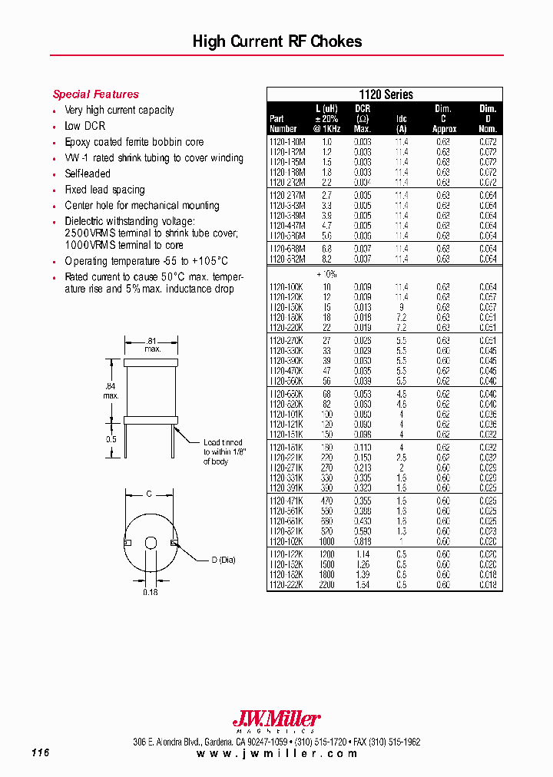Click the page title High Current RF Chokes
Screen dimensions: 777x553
click(276, 41)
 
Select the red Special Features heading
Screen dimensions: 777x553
click(95, 94)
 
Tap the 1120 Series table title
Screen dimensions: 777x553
click(385, 94)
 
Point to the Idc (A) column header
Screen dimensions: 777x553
click(401, 124)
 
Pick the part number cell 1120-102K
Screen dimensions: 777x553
click(286, 541)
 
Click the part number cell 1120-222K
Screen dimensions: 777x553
click(286, 585)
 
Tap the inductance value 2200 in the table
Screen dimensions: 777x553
click(326, 585)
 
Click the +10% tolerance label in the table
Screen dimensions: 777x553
click(327, 273)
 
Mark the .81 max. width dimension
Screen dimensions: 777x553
click(152, 344)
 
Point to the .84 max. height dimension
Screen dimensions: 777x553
click(111, 391)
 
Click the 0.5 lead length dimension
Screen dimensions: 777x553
click(111, 438)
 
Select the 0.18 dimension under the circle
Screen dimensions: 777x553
click(151, 592)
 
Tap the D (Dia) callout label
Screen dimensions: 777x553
click(224, 559)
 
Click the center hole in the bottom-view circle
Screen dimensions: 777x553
click(151, 544)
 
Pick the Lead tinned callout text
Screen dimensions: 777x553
click(223, 451)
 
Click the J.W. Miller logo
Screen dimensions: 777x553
click(276, 720)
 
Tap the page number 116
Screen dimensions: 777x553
click(41, 753)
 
